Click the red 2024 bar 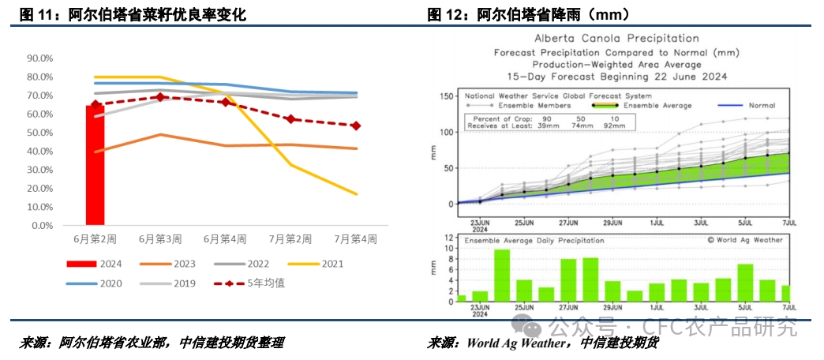(x=95, y=166)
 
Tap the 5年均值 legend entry (x=264, y=283)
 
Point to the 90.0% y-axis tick (x=39, y=58)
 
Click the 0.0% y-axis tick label (x=42, y=226)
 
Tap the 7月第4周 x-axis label (x=355, y=238)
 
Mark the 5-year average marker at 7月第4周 (x=356, y=126)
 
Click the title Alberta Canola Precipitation (x=616, y=38)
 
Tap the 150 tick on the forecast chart (x=445, y=96)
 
